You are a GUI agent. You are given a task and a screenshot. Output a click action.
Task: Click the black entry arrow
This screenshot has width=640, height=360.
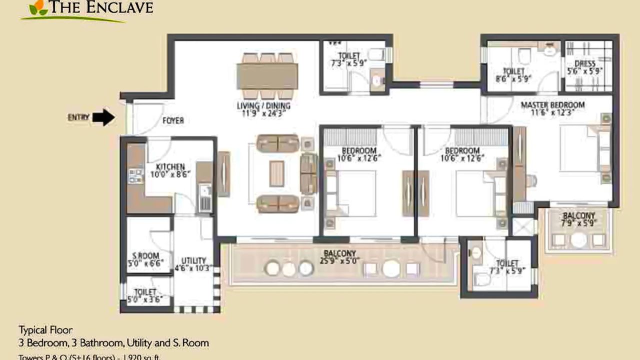(x=104, y=117)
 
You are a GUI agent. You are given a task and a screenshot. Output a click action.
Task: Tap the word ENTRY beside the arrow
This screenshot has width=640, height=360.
(x=78, y=117)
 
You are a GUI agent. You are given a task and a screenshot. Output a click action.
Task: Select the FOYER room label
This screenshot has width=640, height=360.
(x=173, y=120)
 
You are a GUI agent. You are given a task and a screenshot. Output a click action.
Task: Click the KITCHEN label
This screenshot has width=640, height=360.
(x=170, y=167)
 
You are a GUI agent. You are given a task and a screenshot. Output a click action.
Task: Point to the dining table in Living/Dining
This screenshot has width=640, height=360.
(x=267, y=76)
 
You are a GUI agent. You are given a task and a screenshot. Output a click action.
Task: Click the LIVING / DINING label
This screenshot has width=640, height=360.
(x=263, y=106)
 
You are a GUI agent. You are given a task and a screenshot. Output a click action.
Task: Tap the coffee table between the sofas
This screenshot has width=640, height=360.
(x=276, y=173)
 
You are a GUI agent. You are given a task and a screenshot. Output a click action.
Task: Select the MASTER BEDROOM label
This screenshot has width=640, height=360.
(x=552, y=105)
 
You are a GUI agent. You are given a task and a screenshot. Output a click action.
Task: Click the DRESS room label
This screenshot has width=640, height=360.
(x=585, y=64)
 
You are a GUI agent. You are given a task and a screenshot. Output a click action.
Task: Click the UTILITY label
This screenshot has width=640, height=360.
(x=193, y=260)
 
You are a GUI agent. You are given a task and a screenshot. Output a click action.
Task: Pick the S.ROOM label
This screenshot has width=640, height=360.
(x=145, y=256)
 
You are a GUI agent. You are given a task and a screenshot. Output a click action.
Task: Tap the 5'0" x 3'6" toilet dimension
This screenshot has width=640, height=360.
(x=145, y=300)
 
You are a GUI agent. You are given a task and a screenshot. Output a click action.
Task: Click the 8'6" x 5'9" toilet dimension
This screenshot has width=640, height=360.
(x=513, y=78)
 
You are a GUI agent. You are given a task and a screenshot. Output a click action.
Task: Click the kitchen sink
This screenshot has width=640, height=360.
(x=204, y=198)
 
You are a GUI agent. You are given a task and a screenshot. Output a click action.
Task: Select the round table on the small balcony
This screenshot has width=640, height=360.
(x=578, y=240)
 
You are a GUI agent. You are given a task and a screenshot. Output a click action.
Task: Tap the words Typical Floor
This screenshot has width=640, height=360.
(x=45, y=330)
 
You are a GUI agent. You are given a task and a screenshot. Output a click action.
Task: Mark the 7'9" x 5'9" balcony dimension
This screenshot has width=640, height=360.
(x=578, y=223)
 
